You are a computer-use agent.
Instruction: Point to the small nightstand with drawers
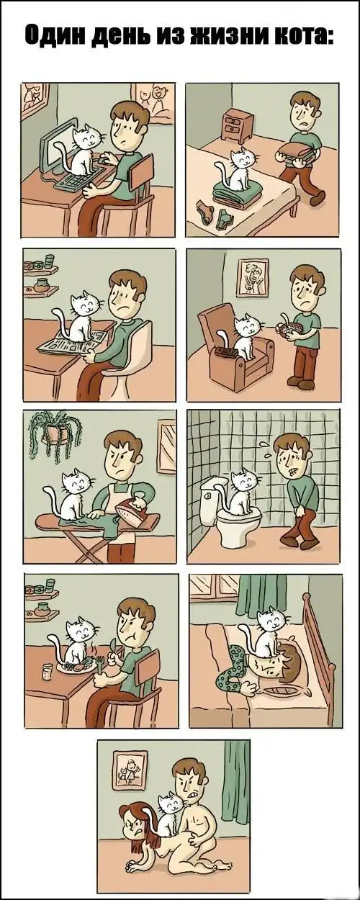(x=238, y=125)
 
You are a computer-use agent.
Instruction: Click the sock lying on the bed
(x=204, y=211)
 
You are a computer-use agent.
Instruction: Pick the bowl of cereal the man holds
(x=288, y=328)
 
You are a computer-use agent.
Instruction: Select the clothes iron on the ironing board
(x=135, y=510)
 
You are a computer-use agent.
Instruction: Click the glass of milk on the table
(x=47, y=672)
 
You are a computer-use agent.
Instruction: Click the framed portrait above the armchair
(x=252, y=277)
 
